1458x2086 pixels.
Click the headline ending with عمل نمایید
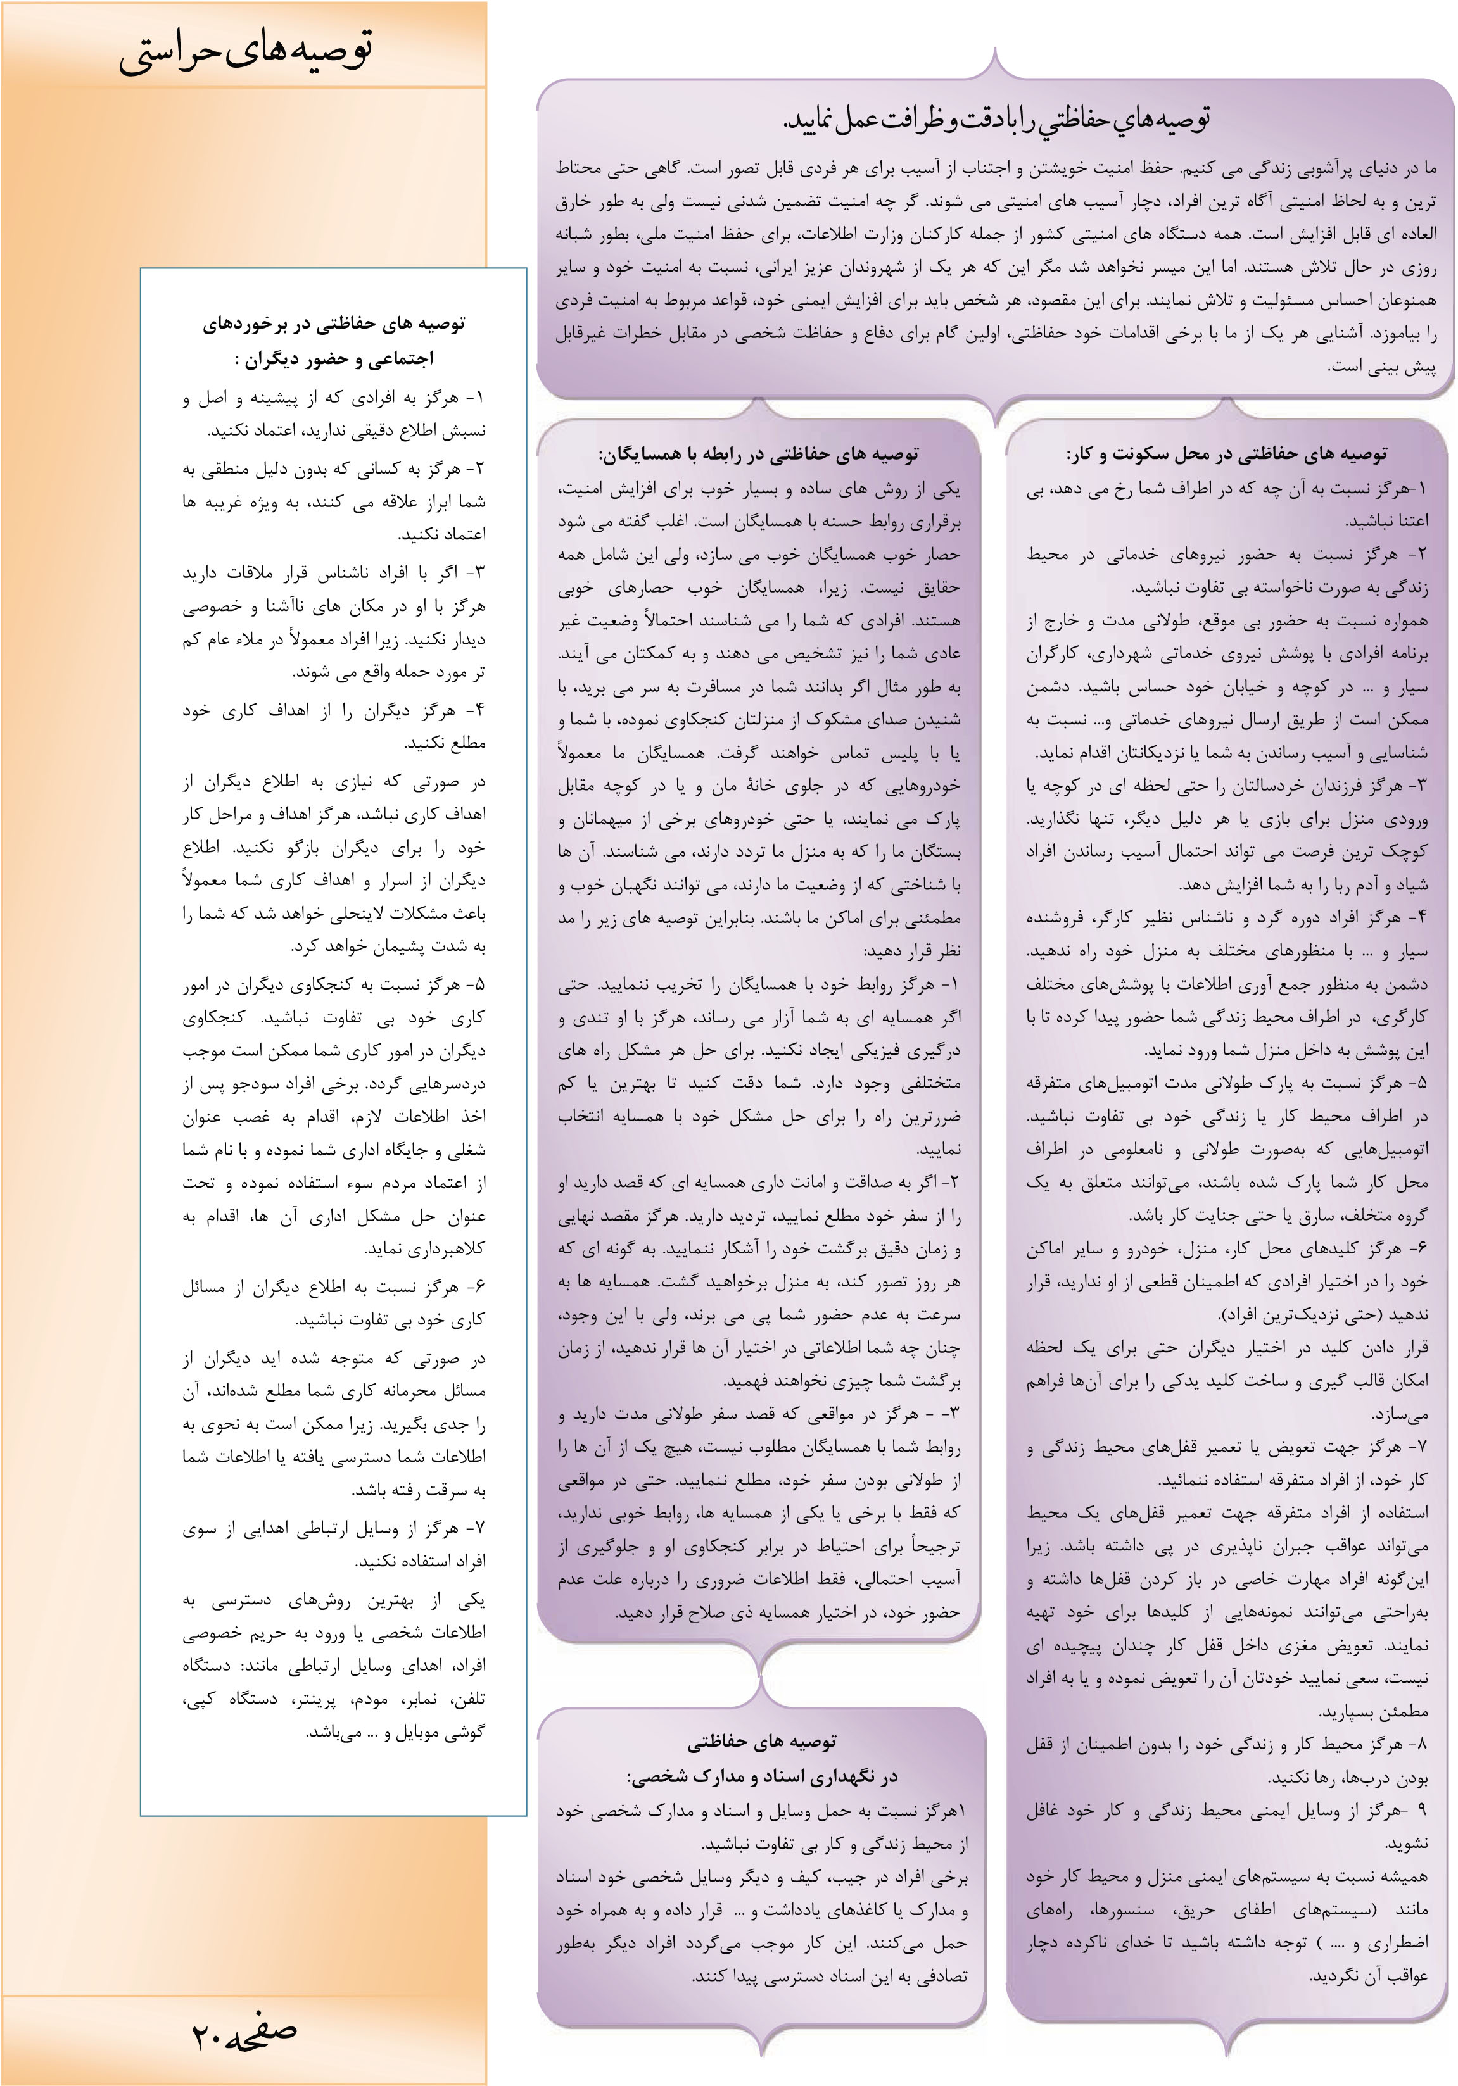[x=996, y=119]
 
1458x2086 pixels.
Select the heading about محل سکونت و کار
[x=1226, y=453]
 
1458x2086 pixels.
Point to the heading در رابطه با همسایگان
[x=759, y=453]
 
